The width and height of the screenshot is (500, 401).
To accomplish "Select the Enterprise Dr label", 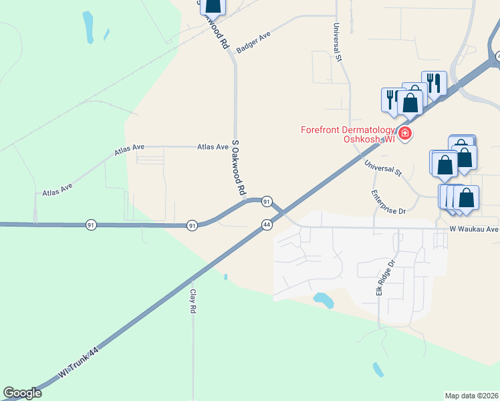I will click(x=388, y=203).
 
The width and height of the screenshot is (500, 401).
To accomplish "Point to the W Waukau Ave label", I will click(x=474, y=229).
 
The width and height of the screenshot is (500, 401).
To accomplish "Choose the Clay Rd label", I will click(x=193, y=301).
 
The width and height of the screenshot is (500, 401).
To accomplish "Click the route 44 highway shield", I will click(x=267, y=225).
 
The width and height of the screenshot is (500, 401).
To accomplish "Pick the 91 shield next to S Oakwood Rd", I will click(x=266, y=201).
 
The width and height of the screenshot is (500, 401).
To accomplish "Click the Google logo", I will click(x=22, y=393).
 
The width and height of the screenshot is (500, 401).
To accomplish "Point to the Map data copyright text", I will click(x=471, y=396).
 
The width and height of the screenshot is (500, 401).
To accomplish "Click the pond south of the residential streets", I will click(x=324, y=300).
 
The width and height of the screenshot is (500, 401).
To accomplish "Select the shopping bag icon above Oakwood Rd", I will click(x=213, y=5).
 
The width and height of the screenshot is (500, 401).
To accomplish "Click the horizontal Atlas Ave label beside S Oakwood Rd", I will click(x=213, y=147).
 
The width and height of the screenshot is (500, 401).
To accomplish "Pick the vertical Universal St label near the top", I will click(x=338, y=42).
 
